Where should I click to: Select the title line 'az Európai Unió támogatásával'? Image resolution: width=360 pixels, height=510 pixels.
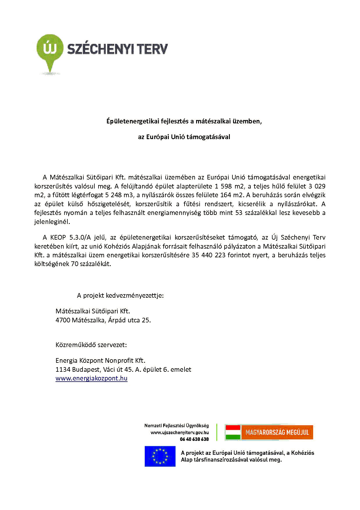184,137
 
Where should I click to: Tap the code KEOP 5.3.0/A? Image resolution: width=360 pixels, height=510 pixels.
70,238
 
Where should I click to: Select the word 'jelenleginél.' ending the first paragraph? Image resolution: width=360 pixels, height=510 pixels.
52,222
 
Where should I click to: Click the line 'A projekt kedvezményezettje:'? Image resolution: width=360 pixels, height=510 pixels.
120,296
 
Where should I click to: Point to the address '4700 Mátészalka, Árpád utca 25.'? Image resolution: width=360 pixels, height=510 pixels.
103,320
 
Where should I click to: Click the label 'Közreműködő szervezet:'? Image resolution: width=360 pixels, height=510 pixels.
91,345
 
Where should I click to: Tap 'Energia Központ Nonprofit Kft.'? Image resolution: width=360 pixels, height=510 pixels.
100,361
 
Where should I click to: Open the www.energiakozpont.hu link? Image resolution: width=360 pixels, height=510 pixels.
91,378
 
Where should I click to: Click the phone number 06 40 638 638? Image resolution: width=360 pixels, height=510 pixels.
194,439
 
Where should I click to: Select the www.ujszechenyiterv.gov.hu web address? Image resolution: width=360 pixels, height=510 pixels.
180,432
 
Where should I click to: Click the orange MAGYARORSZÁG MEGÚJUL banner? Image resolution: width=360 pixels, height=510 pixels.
277,432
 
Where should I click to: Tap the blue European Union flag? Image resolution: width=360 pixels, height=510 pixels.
160,456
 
